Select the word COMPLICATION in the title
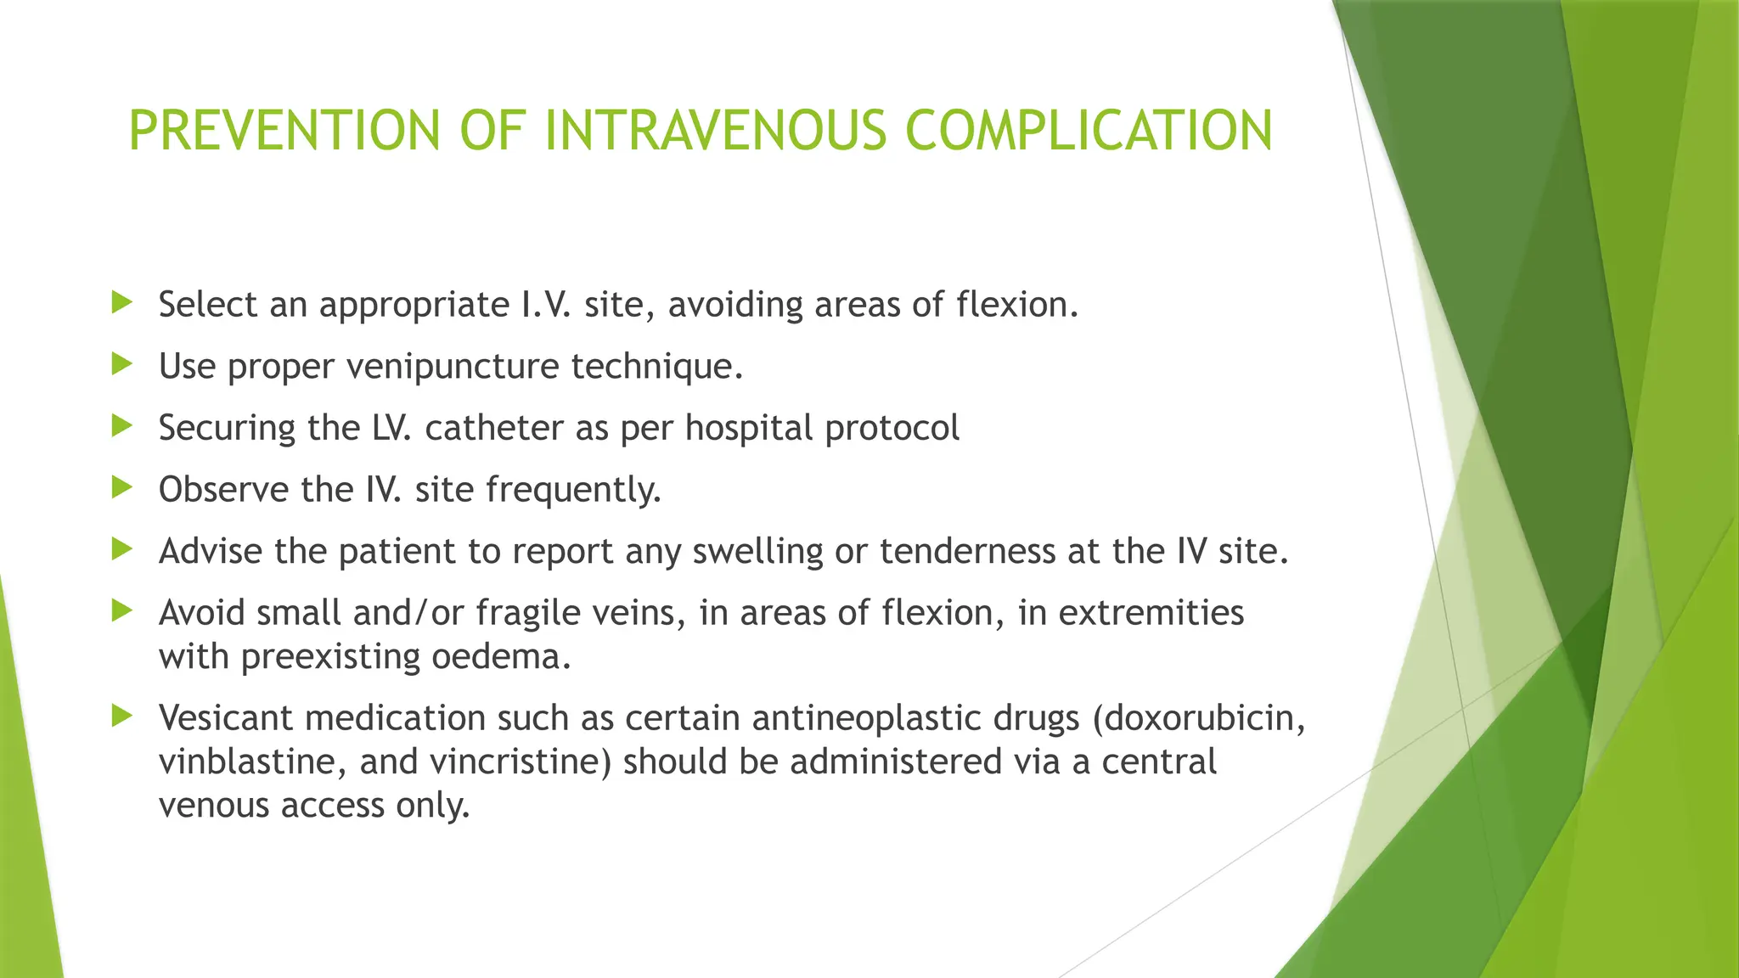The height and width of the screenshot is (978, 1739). pyautogui.click(x=1089, y=131)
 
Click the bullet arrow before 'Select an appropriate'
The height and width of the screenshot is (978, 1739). pyautogui.click(x=122, y=302)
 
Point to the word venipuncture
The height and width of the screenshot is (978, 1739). pyautogui.click(x=452, y=367)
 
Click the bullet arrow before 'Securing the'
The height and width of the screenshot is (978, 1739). pyautogui.click(x=122, y=425)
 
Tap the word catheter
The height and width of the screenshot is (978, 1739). pyautogui.click(x=493, y=428)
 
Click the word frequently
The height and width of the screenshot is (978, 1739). pyautogui.click(x=573, y=490)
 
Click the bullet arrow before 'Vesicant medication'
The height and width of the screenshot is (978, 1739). pyautogui.click(x=122, y=716)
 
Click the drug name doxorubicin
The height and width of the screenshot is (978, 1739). pyautogui.click(x=1202, y=718)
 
